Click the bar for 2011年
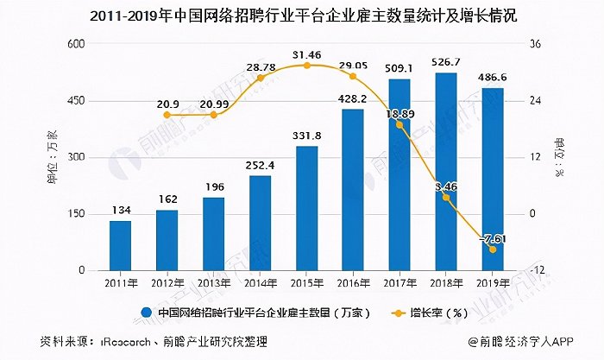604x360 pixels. point(121,245)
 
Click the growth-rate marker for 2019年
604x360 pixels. point(493,249)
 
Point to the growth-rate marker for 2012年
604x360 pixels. point(167,115)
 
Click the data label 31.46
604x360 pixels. point(307,54)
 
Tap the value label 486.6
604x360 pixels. point(493,78)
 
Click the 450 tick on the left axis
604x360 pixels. point(77,101)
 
